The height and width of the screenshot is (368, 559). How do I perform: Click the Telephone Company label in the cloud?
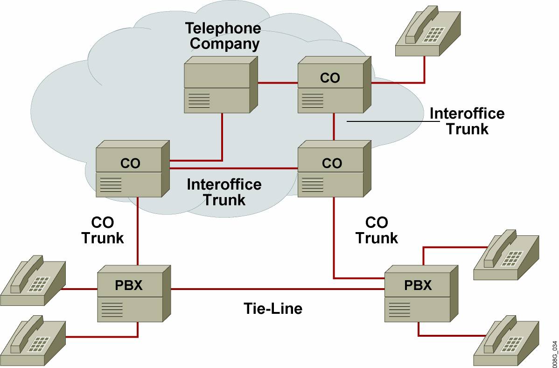coord(223,36)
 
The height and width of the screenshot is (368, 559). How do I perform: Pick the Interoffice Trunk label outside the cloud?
coord(467,121)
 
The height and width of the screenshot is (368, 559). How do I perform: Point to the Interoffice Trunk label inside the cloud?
coord(224,191)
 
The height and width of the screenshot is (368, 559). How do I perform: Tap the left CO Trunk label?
coord(103,230)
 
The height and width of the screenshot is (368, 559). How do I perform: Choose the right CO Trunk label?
coord(377,230)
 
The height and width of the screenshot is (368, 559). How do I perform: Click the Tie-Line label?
coord(273,308)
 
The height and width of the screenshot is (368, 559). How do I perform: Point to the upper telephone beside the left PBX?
coord(33,280)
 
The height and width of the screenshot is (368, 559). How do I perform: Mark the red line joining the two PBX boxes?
coord(278,289)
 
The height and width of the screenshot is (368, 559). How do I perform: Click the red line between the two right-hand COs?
coord(334,127)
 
